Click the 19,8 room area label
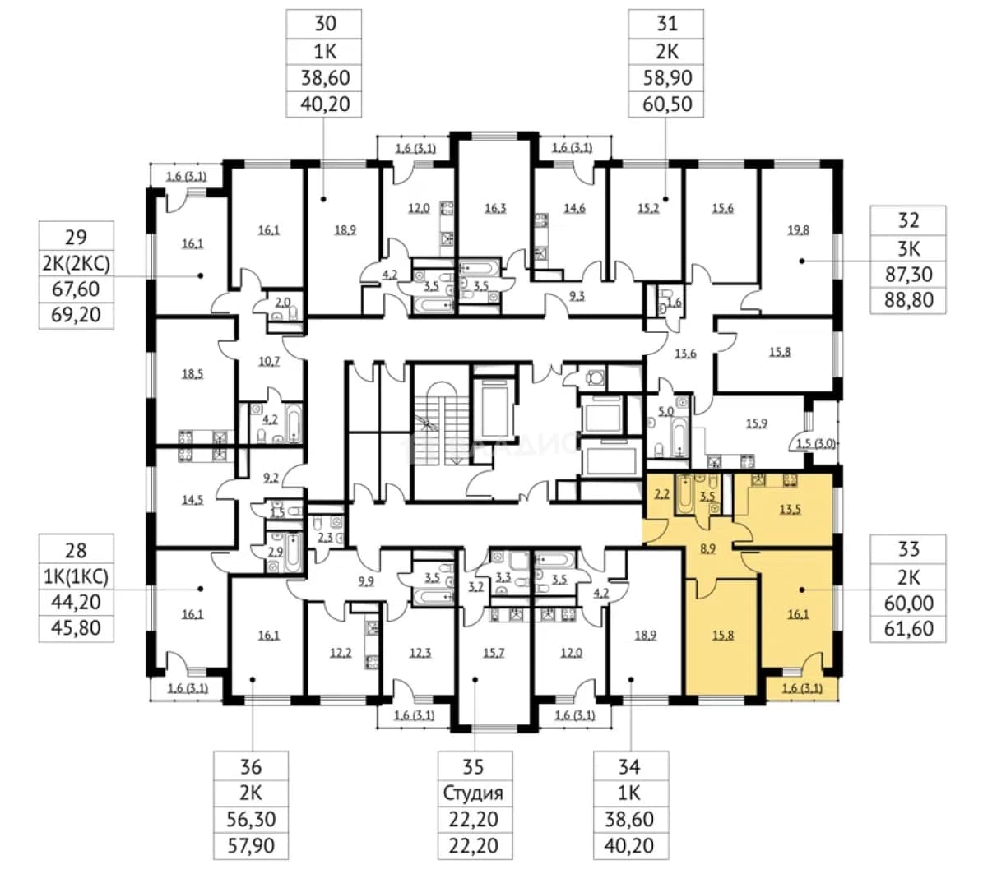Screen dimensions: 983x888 tap(798, 230)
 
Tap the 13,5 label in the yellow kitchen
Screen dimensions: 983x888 tap(790, 510)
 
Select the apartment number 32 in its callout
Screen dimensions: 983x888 tap(908, 220)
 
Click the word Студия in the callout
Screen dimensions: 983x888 tap(473, 793)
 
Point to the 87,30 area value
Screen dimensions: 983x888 tap(908, 274)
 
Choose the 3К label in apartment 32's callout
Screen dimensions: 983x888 tap(908, 248)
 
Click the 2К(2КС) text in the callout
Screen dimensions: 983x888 tap(76, 263)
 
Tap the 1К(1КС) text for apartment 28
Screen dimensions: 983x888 tap(76, 576)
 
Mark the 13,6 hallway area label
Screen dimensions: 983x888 tap(685, 354)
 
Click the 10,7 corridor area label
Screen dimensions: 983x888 tap(269, 361)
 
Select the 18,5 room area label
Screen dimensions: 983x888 tap(192, 374)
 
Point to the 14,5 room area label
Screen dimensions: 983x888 tap(192, 499)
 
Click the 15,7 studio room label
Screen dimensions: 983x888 tap(494, 653)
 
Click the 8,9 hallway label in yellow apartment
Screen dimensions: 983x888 tap(707, 549)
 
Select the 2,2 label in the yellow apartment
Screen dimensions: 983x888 tap(662, 494)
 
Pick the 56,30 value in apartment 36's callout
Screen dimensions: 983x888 tap(250, 819)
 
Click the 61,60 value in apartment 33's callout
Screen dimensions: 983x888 tap(908, 628)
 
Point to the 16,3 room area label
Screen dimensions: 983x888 tap(495, 208)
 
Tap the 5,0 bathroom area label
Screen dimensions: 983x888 tap(665, 411)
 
